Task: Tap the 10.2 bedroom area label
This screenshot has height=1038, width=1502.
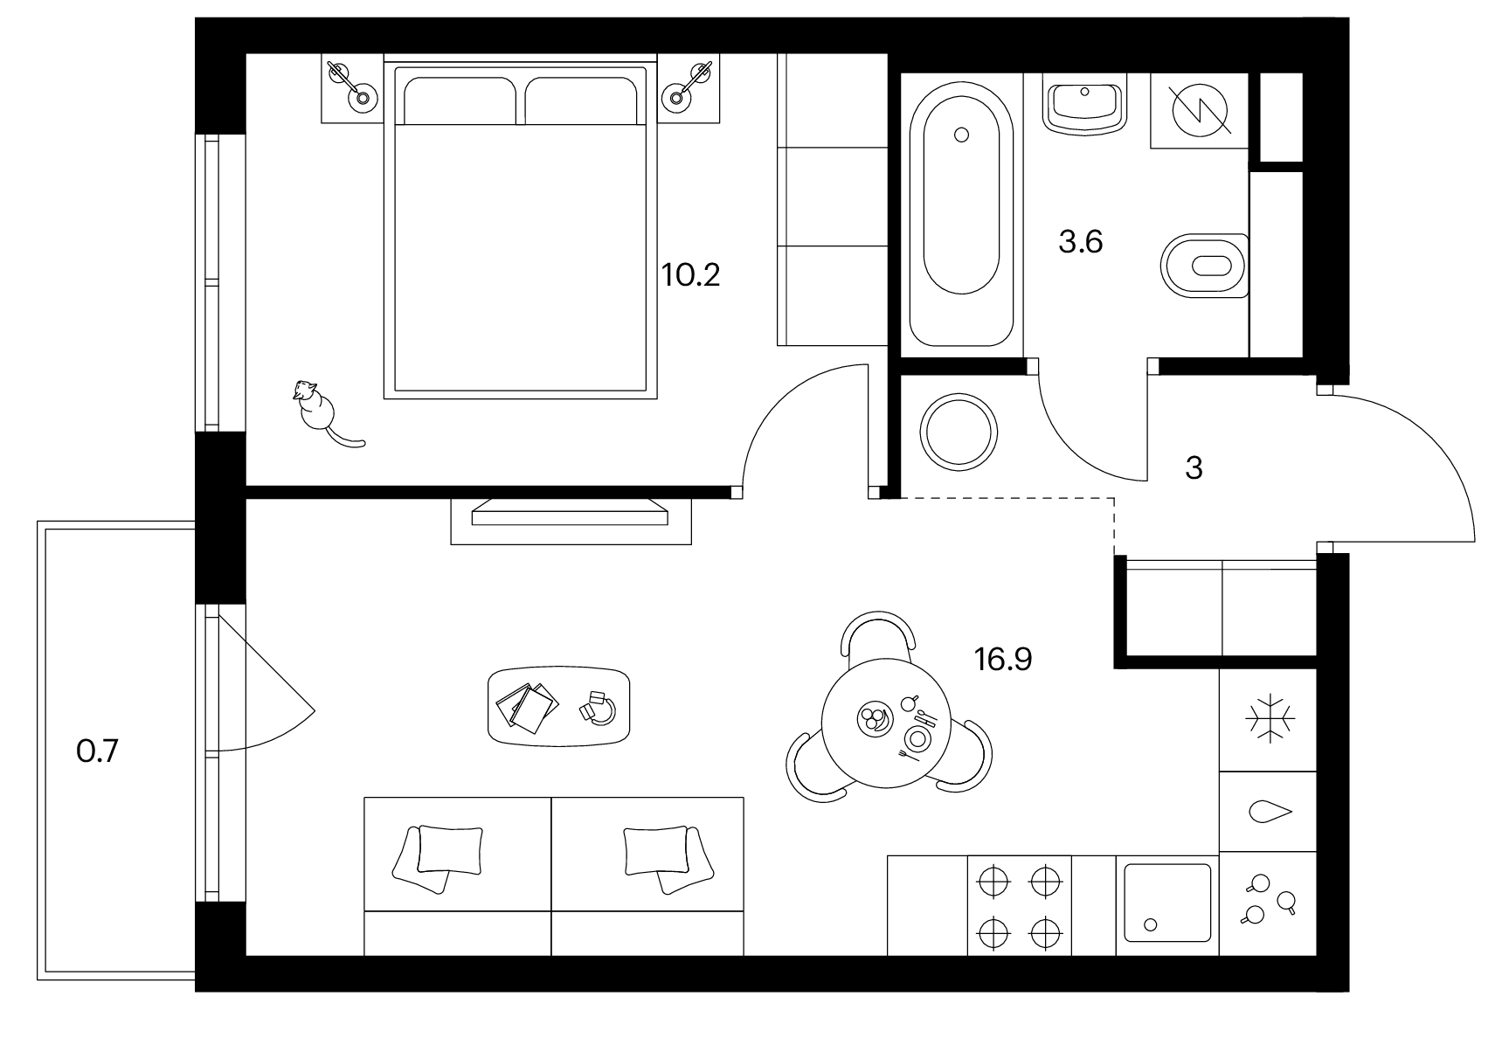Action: (x=690, y=276)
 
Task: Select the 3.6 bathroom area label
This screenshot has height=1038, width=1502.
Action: (x=1081, y=242)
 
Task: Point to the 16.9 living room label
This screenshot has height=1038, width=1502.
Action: (x=1003, y=660)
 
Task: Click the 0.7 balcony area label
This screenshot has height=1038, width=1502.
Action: (x=97, y=751)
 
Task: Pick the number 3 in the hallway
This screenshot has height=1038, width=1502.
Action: (x=1194, y=468)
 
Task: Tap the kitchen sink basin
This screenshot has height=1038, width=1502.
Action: (x=1167, y=903)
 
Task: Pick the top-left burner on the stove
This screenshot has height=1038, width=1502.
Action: (x=993, y=882)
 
